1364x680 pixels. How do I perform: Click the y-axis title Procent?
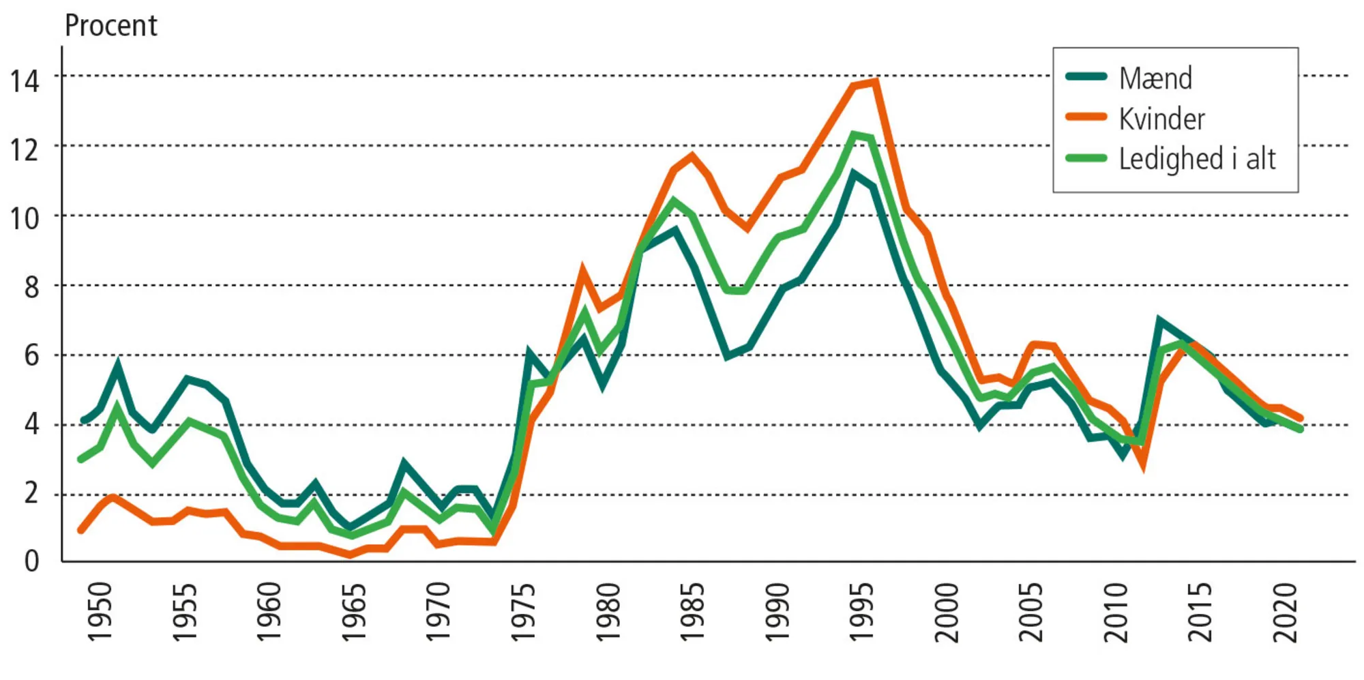pos(110,26)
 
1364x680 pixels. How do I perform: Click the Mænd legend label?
pos(1155,78)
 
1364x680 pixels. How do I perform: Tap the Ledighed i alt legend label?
pos(1197,159)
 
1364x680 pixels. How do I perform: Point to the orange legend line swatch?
pos(1086,117)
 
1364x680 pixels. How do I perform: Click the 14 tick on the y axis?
pos(25,81)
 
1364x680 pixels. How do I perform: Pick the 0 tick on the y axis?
pos(31,561)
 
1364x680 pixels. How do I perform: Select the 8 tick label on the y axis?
pos(31,287)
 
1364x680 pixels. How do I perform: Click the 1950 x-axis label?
pos(100,612)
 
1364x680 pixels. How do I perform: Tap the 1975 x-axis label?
pos(523,612)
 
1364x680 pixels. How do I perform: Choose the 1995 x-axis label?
pos(861,612)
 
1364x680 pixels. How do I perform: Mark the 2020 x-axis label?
pos(1285,612)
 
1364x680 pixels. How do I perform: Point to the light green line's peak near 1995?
pos(853,135)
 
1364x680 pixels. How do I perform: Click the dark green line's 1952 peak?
pos(118,366)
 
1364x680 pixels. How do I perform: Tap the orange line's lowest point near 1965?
pos(350,555)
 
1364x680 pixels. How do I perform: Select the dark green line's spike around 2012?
pos(1159,320)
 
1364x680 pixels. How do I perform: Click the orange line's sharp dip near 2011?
pos(1142,466)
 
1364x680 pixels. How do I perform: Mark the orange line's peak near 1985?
pos(692,156)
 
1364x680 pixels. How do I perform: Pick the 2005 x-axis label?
pos(1031,612)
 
